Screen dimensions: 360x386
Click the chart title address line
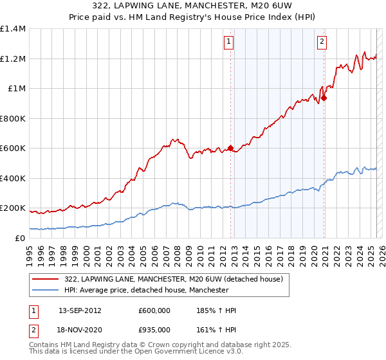[192, 6]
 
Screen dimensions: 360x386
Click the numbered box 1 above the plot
[229, 42]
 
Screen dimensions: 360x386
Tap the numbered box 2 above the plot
[322, 42]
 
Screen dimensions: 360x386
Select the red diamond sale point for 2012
[230, 148]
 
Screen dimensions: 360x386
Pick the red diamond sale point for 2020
[324, 98]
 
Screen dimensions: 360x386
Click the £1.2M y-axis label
[13, 59]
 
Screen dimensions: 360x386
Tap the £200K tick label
[13, 208]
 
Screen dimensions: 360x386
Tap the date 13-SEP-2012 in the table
[80, 310]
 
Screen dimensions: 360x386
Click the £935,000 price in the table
[154, 329]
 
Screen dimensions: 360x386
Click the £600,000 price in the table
[154, 310]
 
